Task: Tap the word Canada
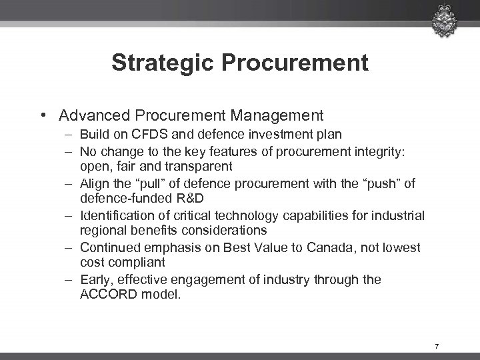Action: (322, 248)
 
